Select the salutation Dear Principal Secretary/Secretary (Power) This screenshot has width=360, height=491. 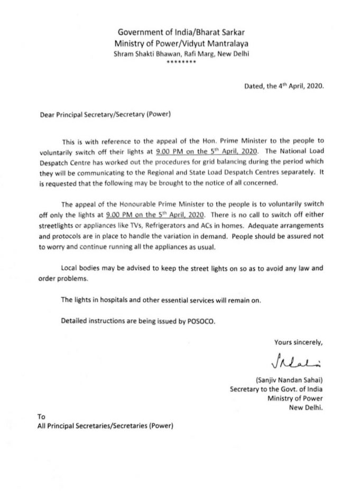[105, 113]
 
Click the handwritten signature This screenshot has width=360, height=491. [297, 362]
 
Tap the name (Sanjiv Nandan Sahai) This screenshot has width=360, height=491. [289, 379]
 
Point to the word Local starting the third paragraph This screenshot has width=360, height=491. [71, 268]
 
